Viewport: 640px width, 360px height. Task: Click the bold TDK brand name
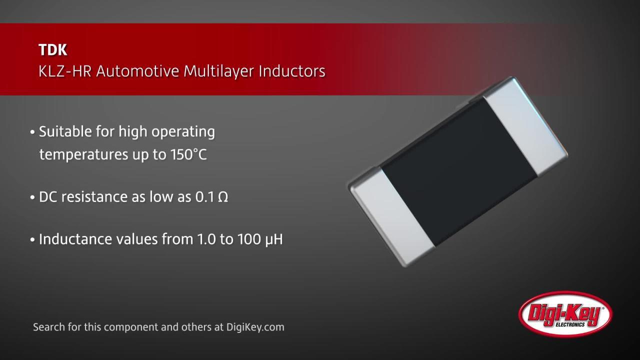coord(52,50)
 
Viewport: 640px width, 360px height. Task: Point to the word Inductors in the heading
coord(292,71)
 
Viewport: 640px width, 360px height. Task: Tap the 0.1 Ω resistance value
coord(211,197)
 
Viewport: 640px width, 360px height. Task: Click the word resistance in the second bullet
coord(97,197)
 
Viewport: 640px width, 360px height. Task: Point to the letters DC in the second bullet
coord(47,197)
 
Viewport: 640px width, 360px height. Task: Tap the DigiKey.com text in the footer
coord(255,327)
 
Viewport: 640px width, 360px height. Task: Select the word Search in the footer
coord(47,327)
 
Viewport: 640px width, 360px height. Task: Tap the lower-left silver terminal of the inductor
coord(392,215)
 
